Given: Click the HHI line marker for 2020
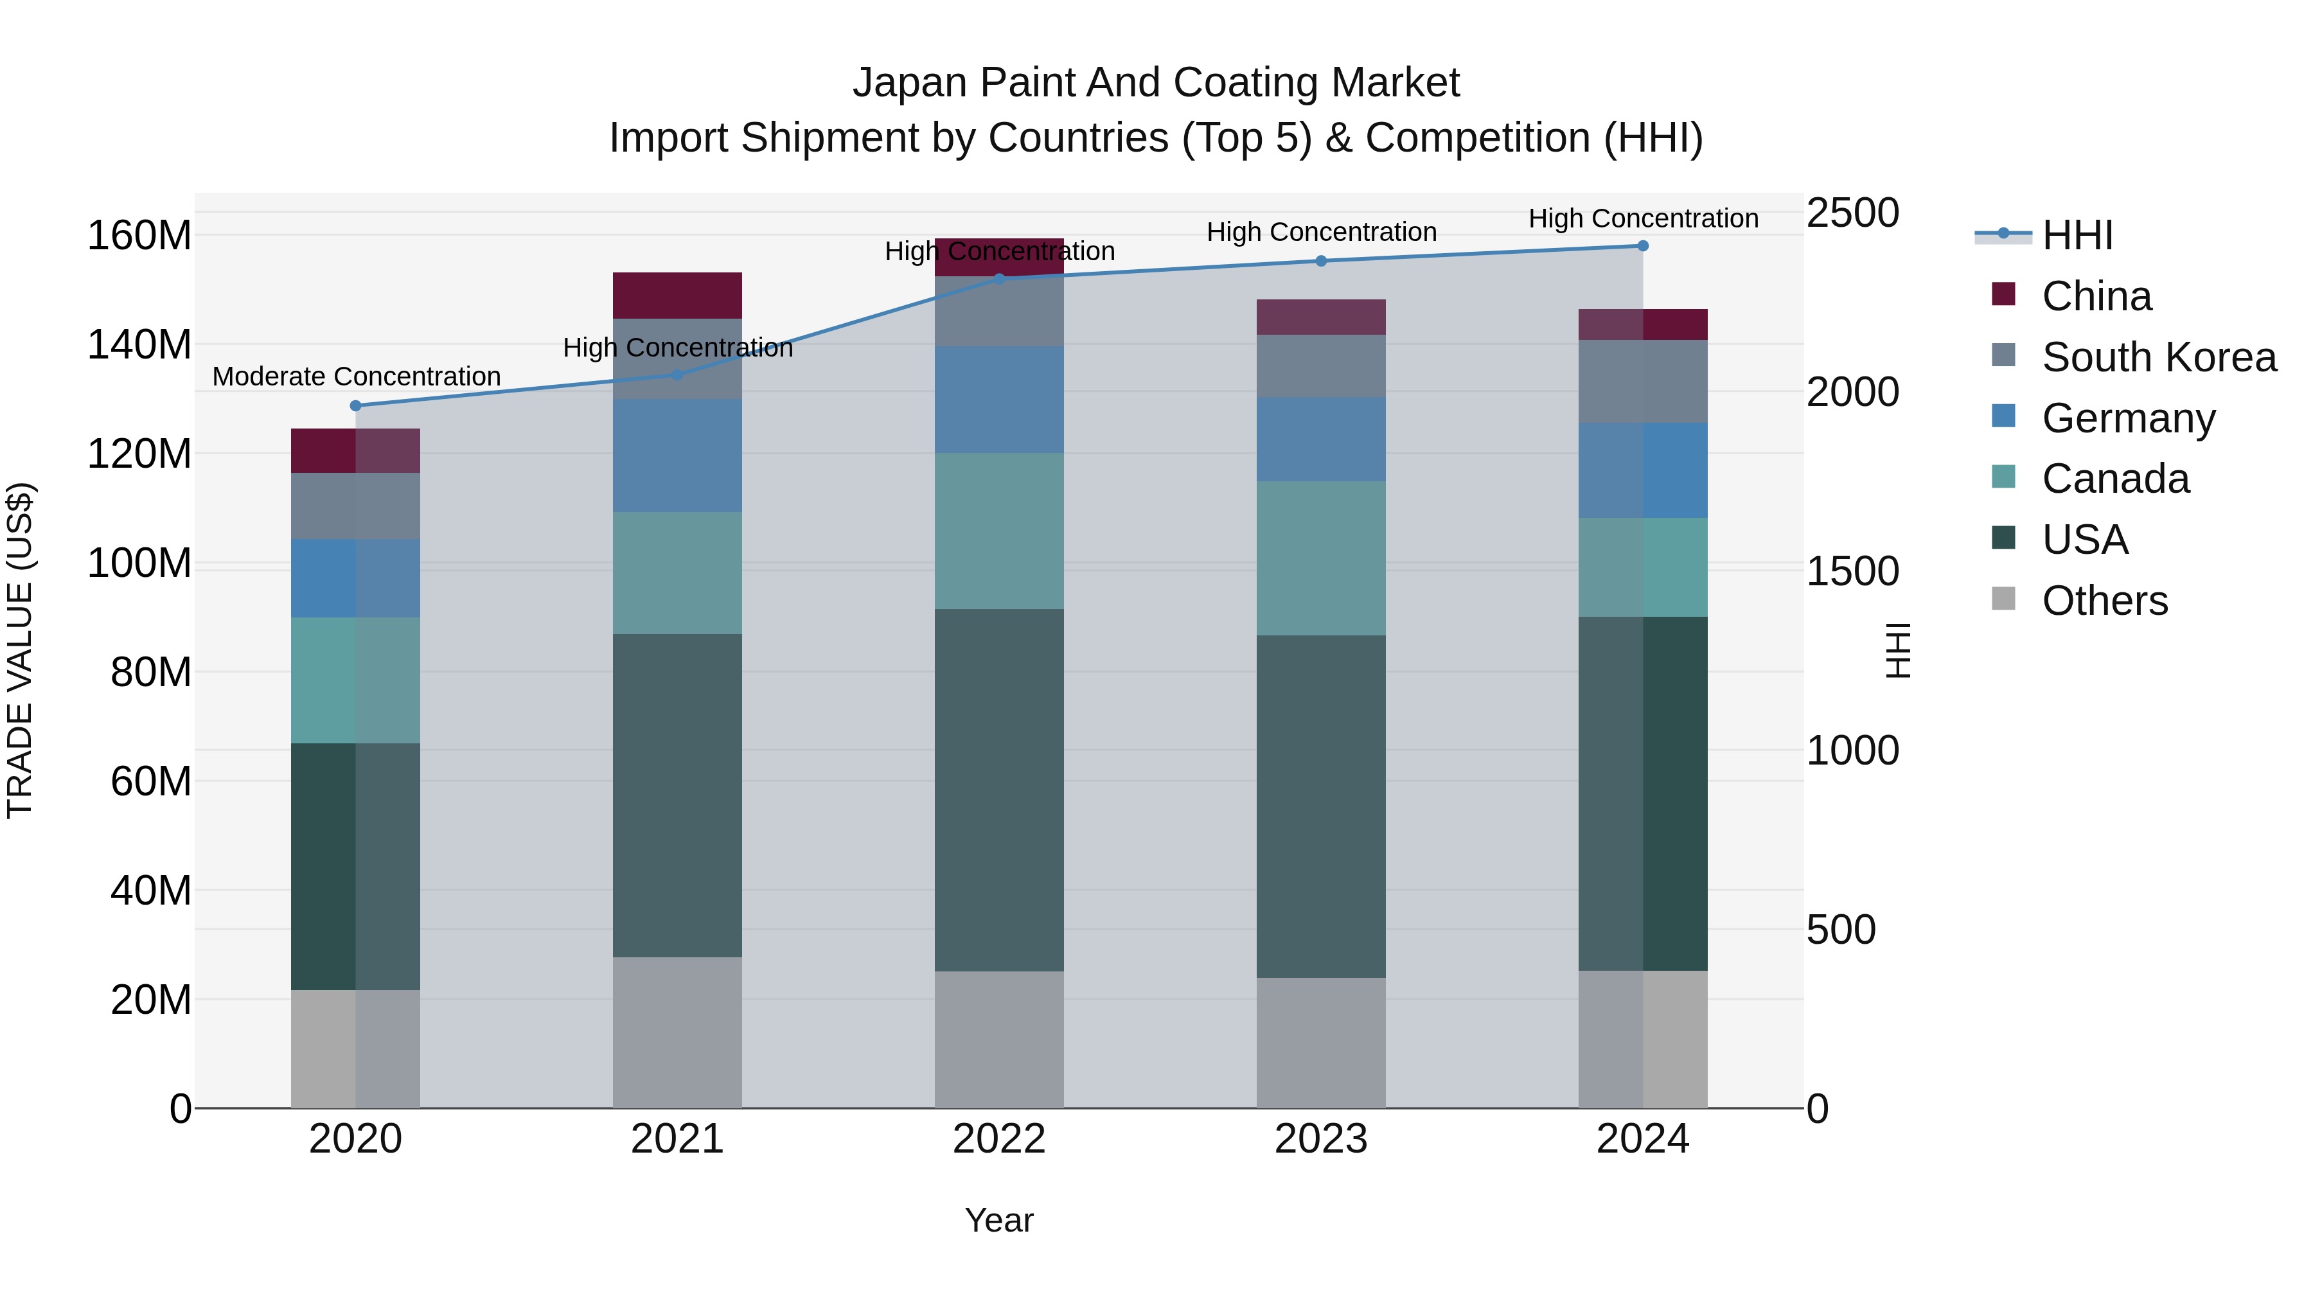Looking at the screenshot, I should [x=355, y=406].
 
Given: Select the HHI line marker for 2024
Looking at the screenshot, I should [x=1642, y=246].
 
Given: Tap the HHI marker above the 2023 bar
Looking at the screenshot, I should [x=1321, y=261].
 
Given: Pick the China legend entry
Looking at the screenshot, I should [x=2096, y=296].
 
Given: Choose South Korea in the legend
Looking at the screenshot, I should [x=2159, y=357].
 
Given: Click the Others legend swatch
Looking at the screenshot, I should [x=2003, y=599].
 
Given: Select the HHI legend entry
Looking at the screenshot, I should [x=2077, y=235].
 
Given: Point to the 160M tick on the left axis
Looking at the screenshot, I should [x=139, y=236].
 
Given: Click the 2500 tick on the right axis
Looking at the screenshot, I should [x=1852, y=214].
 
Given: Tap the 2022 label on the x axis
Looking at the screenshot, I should [x=998, y=1139].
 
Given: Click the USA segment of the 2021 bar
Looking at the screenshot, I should [x=677, y=795].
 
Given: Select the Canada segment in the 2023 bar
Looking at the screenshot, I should [x=1321, y=558].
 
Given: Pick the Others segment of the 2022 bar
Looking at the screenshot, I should [x=998, y=1039].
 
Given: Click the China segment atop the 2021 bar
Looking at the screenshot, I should [x=677, y=296].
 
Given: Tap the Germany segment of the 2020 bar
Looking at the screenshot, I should [x=355, y=578].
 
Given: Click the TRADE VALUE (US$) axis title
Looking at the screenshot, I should [x=20, y=650].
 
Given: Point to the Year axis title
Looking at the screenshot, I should [x=998, y=1220].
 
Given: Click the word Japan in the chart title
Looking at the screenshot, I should [x=910, y=83].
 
